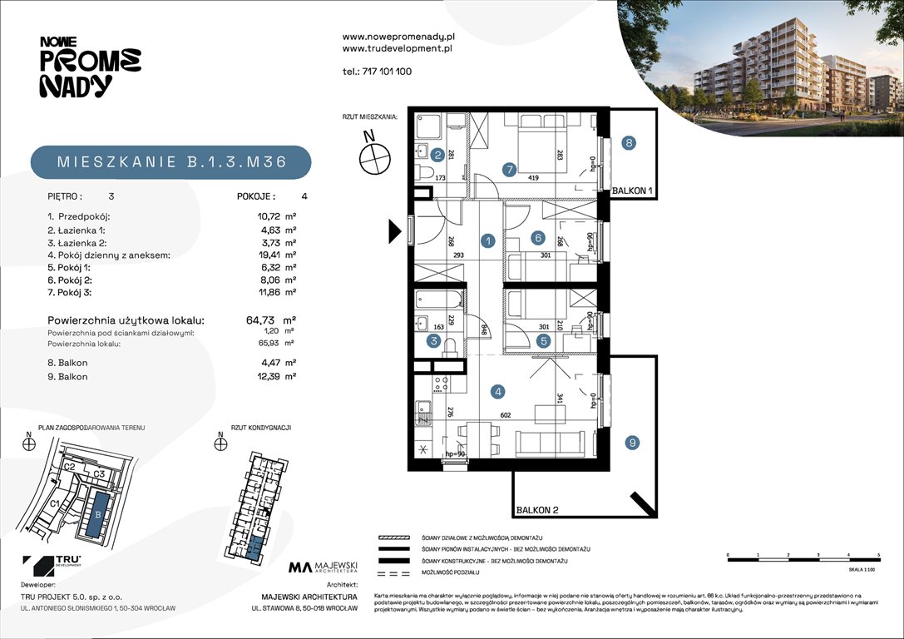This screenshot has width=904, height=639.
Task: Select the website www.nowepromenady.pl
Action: click(x=398, y=37)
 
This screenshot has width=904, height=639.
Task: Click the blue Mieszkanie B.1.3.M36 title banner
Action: click(x=170, y=162)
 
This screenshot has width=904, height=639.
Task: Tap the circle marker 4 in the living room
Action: click(x=498, y=391)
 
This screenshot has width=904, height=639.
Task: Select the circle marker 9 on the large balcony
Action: click(x=633, y=443)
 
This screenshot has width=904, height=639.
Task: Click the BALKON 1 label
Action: click(x=634, y=191)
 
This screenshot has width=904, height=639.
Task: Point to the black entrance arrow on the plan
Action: click(x=394, y=230)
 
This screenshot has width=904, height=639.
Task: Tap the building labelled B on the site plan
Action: click(x=98, y=513)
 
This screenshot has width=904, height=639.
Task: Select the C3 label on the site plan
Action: click(x=98, y=474)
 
